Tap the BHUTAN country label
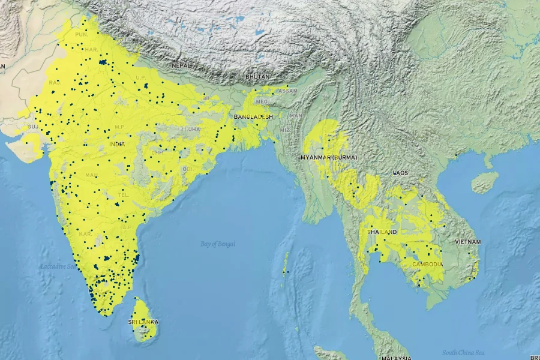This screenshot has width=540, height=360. (257, 77)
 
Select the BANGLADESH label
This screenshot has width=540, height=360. (253, 116)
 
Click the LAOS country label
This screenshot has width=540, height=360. (400, 173)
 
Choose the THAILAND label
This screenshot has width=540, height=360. (382, 232)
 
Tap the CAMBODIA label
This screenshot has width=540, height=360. (427, 264)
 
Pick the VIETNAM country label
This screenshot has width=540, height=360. (468, 241)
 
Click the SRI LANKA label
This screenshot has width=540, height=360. (143, 322)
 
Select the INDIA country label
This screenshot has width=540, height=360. (117, 144)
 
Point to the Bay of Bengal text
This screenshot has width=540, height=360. (218, 244)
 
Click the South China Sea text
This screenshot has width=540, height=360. (463, 352)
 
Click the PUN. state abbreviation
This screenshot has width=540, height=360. (82, 35)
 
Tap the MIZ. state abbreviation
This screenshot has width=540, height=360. (286, 129)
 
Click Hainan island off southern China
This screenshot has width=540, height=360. (485, 181)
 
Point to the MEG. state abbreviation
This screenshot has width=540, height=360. (262, 101)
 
